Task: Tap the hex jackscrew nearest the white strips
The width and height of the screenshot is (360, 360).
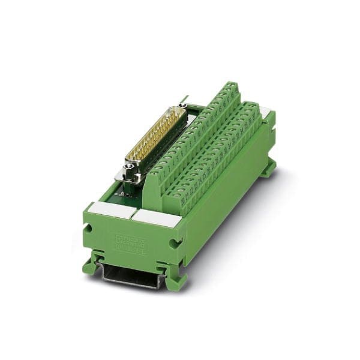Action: coord(130,175)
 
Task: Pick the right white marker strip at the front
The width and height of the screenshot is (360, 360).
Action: coord(156,218)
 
